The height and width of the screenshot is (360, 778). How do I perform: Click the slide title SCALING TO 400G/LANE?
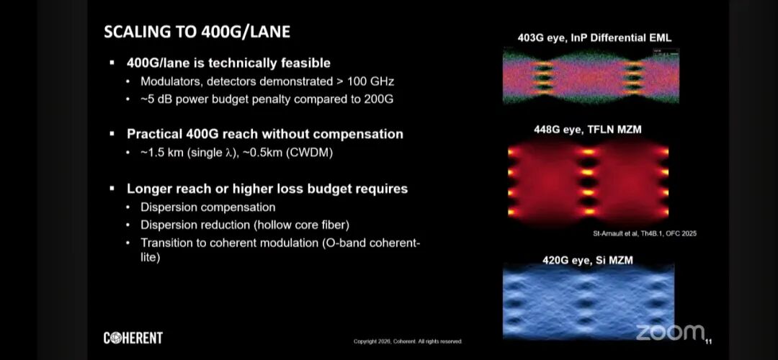tap(197, 32)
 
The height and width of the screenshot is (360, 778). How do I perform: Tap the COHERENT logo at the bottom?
tap(133, 338)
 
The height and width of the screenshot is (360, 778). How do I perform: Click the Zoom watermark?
tap(670, 332)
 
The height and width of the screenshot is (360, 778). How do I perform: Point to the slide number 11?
tap(708, 341)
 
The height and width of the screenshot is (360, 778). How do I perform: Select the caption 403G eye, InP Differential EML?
tap(594, 37)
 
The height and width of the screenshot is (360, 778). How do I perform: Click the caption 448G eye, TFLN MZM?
tap(588, 130)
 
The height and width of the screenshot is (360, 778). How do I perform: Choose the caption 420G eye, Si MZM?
tap(588, 259)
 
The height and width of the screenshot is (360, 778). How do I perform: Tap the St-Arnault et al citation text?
tap(645, 233)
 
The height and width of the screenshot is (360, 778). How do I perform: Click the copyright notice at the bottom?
tap(407, 341)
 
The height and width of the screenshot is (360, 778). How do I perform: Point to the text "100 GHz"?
tap(371, 81)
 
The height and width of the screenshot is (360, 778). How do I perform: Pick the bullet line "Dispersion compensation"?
tap(208, 207)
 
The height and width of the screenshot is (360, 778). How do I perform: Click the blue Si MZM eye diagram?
tap(589, 302)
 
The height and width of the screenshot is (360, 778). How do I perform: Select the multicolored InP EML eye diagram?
tap(591, 76)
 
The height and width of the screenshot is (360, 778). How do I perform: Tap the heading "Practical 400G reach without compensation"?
tap(265, 135)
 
